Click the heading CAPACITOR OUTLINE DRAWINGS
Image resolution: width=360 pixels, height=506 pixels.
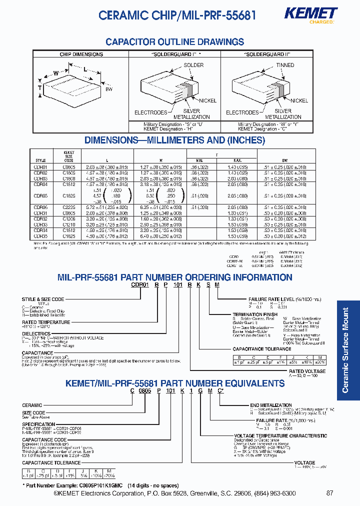coord(175,42)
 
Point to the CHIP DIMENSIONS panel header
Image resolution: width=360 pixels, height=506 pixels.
coord(81,54)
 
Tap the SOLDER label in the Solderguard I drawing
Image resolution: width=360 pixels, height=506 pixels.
coord(193,65)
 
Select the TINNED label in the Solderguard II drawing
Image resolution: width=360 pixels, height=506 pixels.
coord(285,65)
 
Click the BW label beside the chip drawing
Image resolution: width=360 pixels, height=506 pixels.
coord(108,89)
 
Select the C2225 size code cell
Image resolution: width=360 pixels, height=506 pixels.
coord(69,206)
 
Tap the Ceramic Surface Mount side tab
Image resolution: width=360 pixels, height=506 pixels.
coord(345,350)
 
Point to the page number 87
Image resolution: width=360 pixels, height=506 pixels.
coord(329,493)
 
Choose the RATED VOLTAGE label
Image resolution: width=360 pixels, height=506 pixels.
coord(307,371)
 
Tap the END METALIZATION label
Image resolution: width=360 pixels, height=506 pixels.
coord(270,405)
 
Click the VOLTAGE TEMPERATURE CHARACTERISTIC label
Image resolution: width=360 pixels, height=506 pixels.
coord(280,436)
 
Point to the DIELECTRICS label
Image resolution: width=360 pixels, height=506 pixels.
coord(36,333)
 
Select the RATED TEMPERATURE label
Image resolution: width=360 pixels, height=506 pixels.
coord(46,322)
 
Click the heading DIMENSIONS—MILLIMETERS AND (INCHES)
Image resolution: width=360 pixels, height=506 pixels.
coord(174,140)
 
